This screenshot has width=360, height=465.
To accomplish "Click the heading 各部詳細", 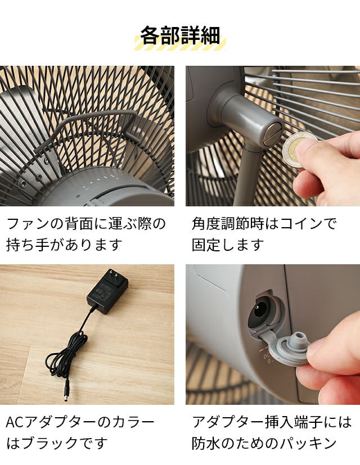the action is tap(180, 35).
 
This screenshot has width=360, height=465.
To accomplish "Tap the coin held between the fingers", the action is tap(297, 150).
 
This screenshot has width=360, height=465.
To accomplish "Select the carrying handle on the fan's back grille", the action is tap(86, 128).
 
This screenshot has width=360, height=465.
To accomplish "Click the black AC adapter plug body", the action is tap(107, 292).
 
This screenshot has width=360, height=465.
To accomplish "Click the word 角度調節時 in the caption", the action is tap(228, 224).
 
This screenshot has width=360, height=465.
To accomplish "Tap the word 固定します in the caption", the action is tap(228, 245).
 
